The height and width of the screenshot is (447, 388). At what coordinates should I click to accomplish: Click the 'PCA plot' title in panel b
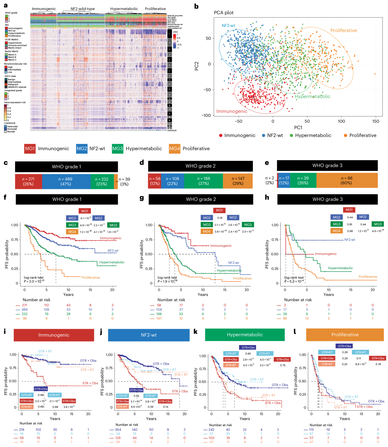(224, 13)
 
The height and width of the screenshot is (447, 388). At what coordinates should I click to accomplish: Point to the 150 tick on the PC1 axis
(376, 121)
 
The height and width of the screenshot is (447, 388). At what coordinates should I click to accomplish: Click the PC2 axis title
(197, 66)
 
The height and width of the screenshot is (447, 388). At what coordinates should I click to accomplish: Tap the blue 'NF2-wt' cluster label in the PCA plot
(228, 26)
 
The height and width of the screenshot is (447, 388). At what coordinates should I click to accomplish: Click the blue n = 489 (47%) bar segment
(66, 181)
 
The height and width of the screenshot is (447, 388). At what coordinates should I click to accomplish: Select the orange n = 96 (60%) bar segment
(346, 180)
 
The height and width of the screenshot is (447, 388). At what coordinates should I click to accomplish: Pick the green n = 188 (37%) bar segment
(203, 181)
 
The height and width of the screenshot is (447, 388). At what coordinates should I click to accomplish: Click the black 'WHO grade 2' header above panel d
(200, 166)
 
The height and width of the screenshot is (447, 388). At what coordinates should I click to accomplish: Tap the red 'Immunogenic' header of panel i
(54, 335)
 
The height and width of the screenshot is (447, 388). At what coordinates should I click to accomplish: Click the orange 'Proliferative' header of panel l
(345, 335)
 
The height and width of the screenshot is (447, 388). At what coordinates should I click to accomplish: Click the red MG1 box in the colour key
(30, 149)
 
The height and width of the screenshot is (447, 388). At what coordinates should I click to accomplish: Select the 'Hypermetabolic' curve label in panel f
(112, 262)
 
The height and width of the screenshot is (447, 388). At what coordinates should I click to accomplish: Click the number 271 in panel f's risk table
(25, 305)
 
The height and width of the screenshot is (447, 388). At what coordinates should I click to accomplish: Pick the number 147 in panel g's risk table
(159, 318)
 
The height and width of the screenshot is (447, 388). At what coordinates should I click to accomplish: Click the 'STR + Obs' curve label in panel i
(90, 383)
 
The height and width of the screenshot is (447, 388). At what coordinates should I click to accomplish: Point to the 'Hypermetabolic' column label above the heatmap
(124, 9)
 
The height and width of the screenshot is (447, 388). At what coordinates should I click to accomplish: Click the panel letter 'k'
(196, 332)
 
